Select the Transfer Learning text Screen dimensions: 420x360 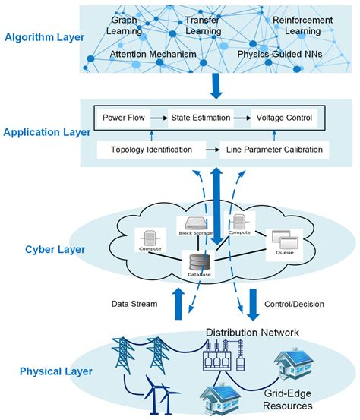[203, 25]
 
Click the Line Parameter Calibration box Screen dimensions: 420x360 [274, 150]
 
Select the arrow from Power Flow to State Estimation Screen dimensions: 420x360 [159, 118]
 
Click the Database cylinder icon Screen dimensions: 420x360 [201, 264]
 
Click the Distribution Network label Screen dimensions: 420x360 [263, 332]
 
